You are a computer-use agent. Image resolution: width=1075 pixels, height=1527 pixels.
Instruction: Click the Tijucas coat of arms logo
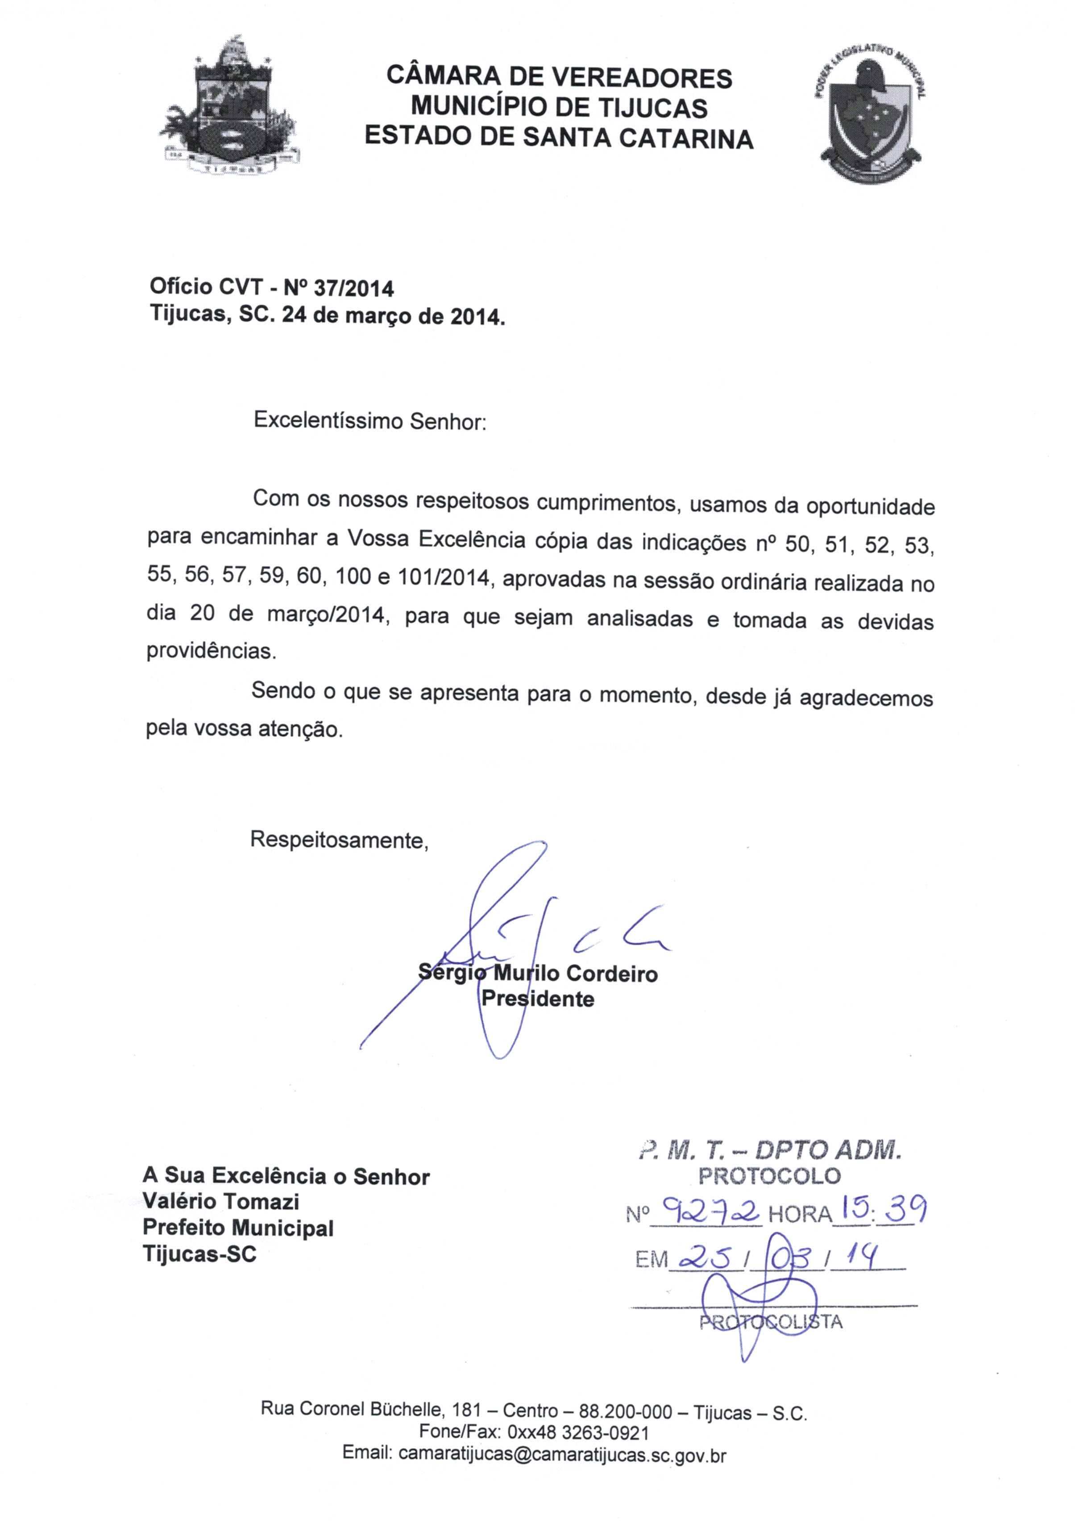click(228, 110)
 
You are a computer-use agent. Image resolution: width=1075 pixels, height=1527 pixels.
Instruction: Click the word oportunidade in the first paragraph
click(870, 507)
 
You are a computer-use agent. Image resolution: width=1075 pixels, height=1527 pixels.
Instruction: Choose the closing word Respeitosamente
click(339, 840)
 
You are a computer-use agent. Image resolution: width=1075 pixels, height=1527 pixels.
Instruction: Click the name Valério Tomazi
click(221, 1201)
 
